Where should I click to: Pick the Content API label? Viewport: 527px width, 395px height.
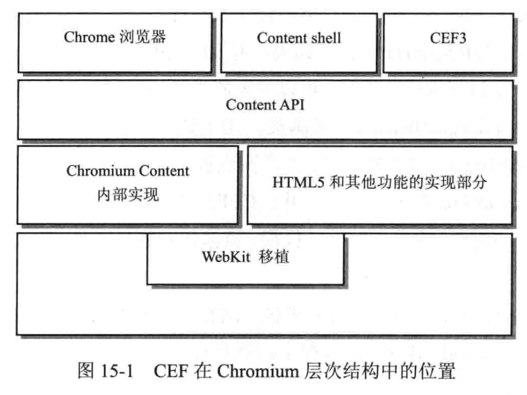(265, 105)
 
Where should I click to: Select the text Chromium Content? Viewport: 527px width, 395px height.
(128, 171)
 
